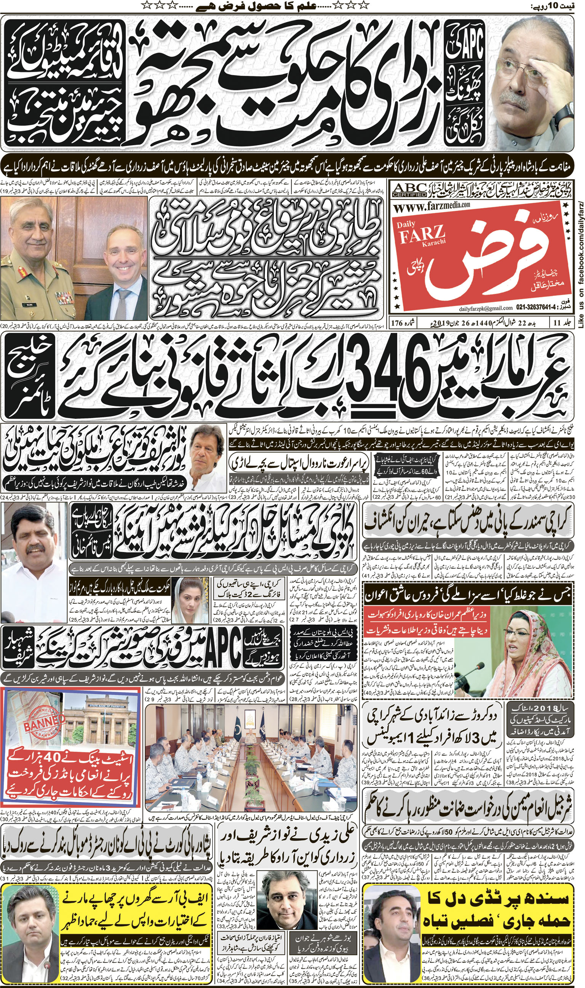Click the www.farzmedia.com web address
[432, 205]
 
